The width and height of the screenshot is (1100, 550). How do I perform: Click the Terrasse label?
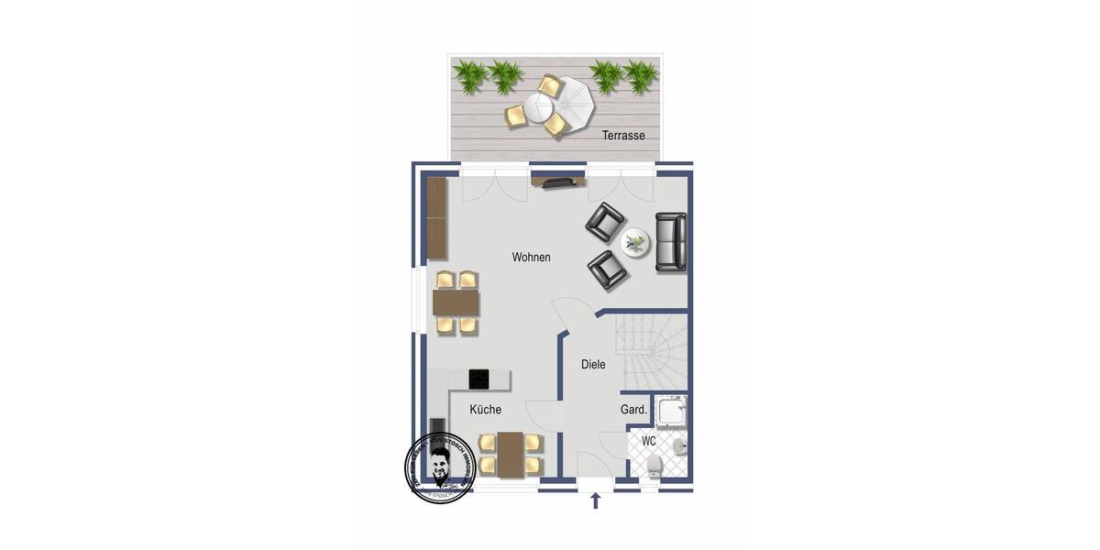(623, 136)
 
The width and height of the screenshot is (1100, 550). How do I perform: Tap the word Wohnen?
(532, 258)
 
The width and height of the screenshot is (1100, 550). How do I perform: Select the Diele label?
(593, 365)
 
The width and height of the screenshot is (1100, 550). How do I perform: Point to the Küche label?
(485, 410)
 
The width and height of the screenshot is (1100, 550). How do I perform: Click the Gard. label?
(634, 410)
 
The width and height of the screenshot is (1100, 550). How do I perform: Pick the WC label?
(648, 441)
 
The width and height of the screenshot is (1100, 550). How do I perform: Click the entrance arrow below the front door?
(596, 500)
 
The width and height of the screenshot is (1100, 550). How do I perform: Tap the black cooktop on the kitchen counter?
(479, 379)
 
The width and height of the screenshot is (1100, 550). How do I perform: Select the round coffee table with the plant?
(634, 243)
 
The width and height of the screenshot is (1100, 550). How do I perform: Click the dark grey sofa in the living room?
(670, 241)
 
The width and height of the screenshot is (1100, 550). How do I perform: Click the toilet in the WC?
(652, 467)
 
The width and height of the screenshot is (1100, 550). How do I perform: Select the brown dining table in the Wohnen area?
(456, 302)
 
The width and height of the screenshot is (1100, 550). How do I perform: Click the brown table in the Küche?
(511, 453)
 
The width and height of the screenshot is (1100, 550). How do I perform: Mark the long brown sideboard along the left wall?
(437, 217)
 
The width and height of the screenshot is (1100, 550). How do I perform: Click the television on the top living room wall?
(557, 183)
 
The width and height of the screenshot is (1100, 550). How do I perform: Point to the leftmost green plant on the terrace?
(471, 77)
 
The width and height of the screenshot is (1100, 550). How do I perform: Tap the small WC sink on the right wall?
(678, 447)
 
